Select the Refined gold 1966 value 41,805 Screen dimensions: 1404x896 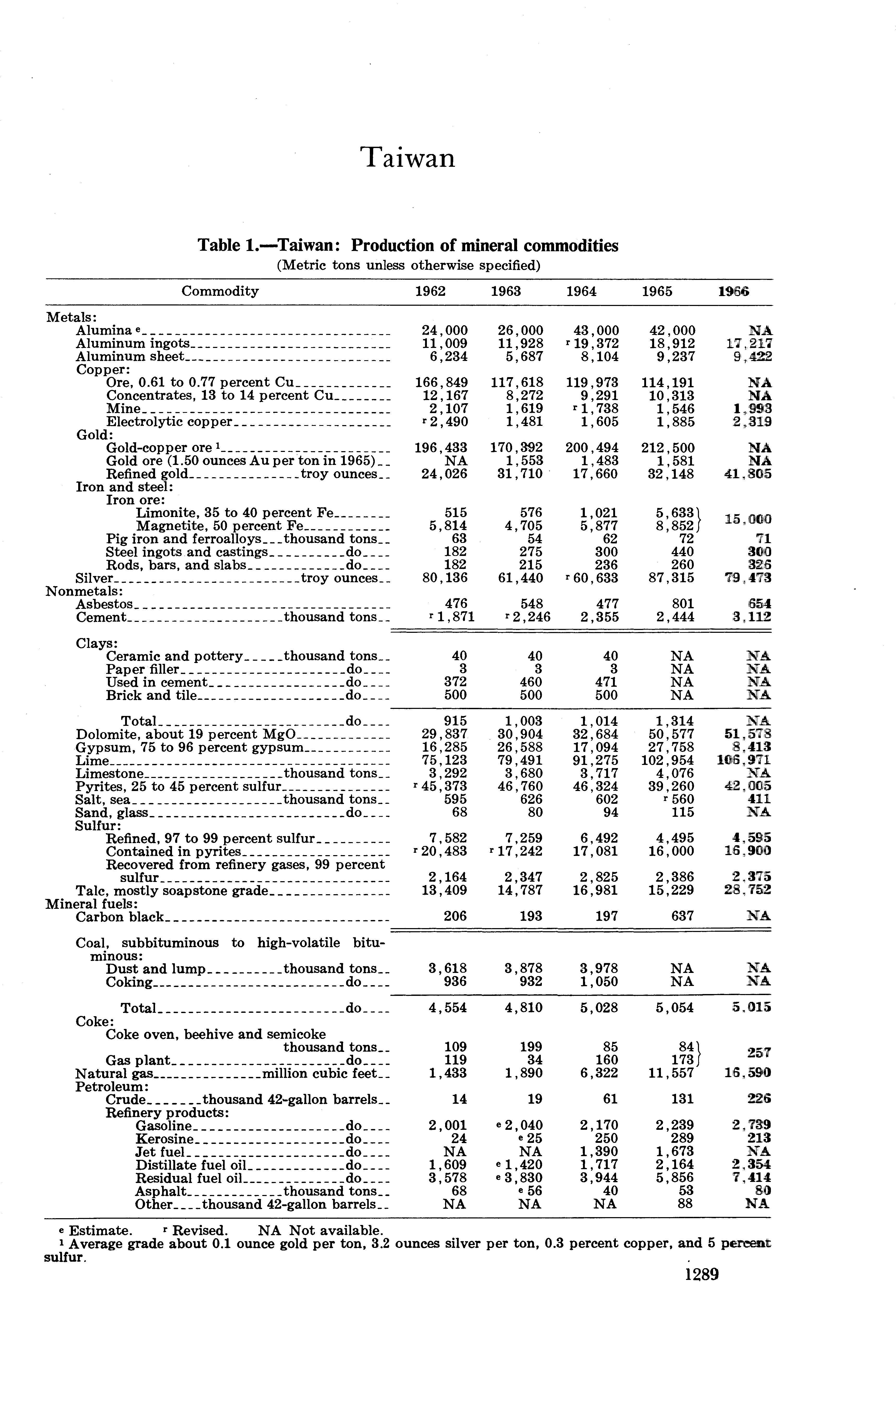(x=748, y=474)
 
